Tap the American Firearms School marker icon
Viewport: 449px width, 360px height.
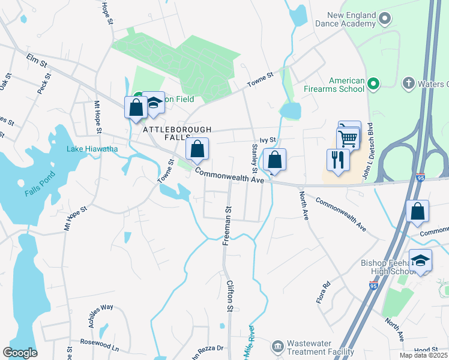[373, 83]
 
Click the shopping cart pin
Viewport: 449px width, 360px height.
[348, 139]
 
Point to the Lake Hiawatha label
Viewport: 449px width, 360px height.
[92, 149]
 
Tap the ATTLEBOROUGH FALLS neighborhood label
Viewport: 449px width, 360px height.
[177, 130]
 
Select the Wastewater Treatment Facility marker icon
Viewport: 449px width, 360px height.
[277, 346]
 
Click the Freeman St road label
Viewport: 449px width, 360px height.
[227, 226]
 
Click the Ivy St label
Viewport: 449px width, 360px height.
[264, 140]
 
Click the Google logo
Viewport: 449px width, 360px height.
[20, 353]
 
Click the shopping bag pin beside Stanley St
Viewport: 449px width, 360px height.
[274, 160]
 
